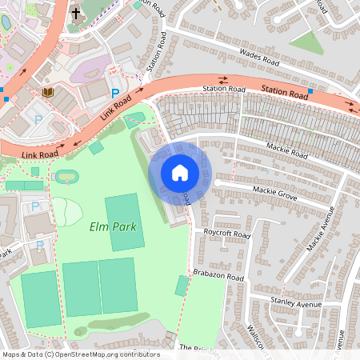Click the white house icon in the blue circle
tap(180, 173)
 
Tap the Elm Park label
tap(112, 227)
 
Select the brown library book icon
tap(48, 93)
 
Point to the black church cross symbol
tap(76, 13)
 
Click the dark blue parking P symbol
tap(115, 94)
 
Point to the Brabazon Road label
tap(222, 276)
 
